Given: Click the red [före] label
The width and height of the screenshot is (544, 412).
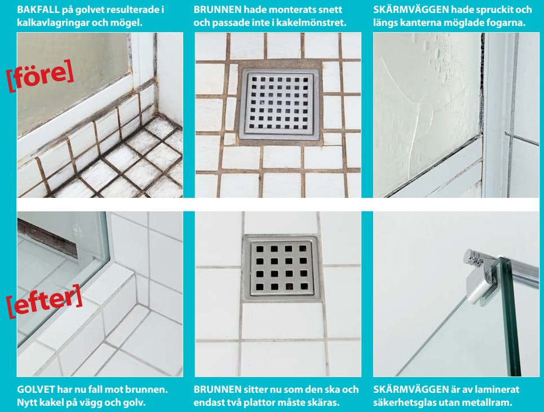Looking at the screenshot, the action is pyautogui.click(x=40, y=76).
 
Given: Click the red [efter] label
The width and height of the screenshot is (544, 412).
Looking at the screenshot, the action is pyautogui.click(x=45, y=301).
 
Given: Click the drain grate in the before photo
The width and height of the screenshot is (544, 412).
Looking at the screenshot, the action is pyautogui.click(x=279, y=104).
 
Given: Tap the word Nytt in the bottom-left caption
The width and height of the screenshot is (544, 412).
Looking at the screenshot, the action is pyautogui.click(x=26, y=402).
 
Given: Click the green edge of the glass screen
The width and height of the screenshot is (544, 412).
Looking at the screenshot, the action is pyautogui.click(x=511, y=316).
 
